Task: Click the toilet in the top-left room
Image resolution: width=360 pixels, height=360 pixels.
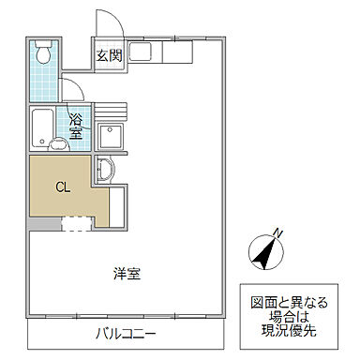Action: pos(41,53)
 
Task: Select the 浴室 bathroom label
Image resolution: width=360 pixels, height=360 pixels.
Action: pos(75,127)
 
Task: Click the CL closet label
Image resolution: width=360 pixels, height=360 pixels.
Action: pos(63,187)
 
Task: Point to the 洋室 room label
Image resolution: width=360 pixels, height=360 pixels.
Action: pos(127,274)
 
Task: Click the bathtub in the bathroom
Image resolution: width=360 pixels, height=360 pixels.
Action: pos(42,126)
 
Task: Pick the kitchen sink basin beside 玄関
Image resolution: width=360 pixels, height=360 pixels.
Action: pos(142,53)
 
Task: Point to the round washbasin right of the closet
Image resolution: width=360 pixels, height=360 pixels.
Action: pos(104,171)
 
